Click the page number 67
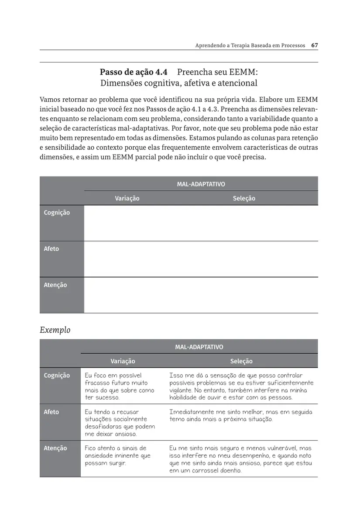click(x=314, y=45)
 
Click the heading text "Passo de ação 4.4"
click(x=134, y=72)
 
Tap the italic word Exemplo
click(x=55, y=330)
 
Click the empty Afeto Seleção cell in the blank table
click(x=244, y=259)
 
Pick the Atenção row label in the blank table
click(x=55, y=285)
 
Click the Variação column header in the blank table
click(x=127, y=198)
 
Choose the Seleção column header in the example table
click(x=241, y=361)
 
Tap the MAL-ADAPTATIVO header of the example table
click(x=199, y=347)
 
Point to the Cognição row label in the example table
click(x=57, y=376)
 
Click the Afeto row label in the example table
click(x=51, y=412)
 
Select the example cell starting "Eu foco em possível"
click(x=119, y=386)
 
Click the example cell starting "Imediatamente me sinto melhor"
click(x=240, y=415)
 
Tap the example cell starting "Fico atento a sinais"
click(x=117, y=455)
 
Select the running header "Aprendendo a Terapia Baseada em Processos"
click(x=250, y=45)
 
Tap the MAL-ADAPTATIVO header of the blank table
click(x=201, y=184)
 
